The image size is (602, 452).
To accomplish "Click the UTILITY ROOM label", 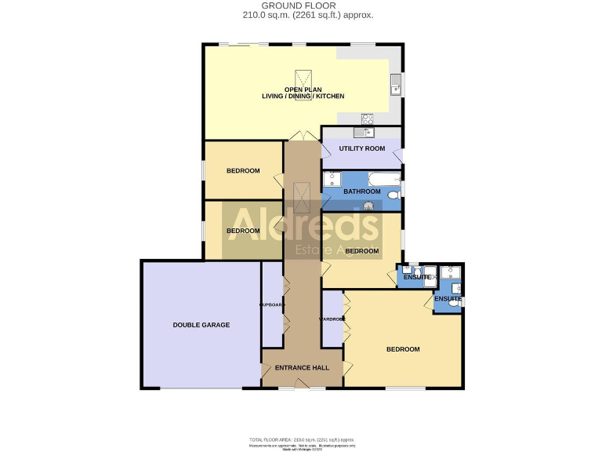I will click(361, 148).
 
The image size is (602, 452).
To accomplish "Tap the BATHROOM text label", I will click(360, 191).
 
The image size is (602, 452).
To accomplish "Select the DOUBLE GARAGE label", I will click(201, 324).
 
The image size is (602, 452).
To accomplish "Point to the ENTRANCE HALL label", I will click(301, 367).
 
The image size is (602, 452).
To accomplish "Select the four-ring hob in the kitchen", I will click(366, 119).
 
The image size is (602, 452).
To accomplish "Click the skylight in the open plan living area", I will click(303, 80).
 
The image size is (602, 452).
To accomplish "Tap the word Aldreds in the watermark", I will click(302, 224).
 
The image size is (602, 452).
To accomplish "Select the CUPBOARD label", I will click(271, 304).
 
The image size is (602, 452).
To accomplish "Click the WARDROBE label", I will click(331, 319).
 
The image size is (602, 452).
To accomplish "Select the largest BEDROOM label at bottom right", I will click(403, 349).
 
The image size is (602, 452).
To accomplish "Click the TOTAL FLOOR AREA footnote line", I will click(301, 439).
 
